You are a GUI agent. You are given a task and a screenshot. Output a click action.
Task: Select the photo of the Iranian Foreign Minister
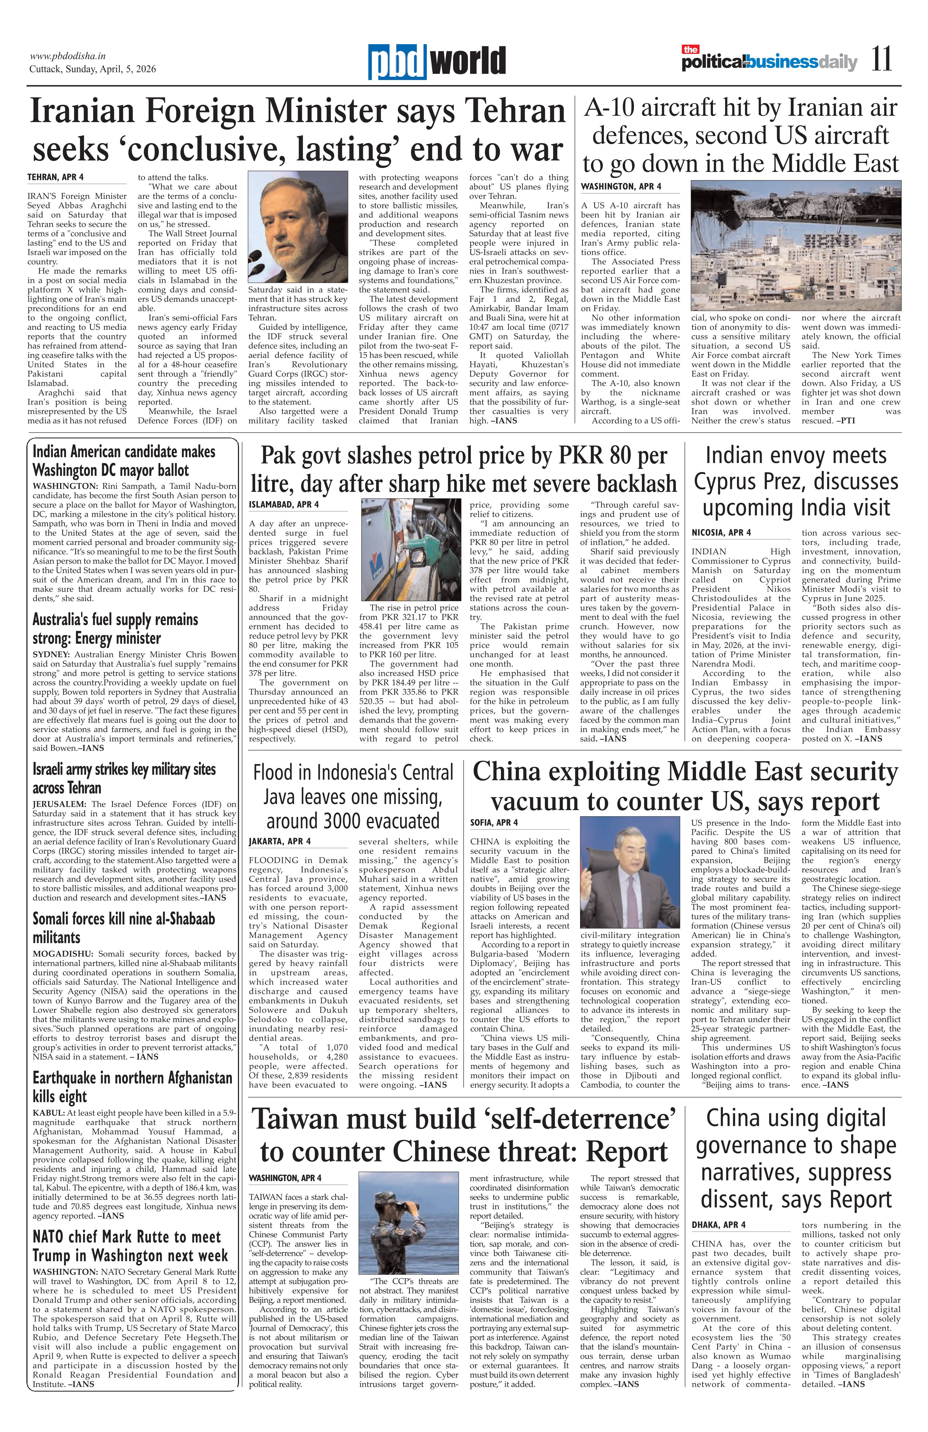click(298, 227)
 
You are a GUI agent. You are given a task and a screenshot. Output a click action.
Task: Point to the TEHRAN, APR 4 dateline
click(55, 178)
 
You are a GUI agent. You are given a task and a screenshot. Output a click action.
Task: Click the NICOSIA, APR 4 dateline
click(721, 532)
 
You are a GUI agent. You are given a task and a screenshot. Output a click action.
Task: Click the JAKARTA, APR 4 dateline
click(281, 841)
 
